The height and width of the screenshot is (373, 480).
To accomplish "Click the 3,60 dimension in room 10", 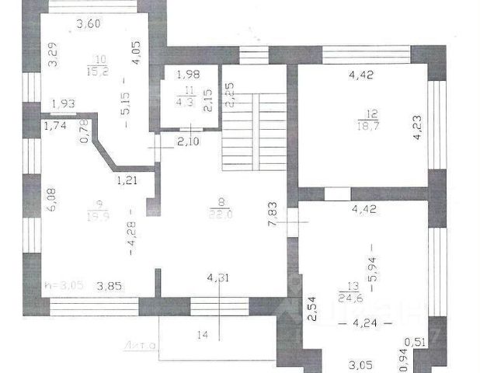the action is [x=89, y=24].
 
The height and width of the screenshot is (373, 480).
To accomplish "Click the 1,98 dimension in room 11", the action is [x=188, y=75].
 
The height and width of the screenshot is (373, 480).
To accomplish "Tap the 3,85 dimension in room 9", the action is [x=109, y=286].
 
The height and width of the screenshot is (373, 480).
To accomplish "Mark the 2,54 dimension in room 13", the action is [x=309, y=311].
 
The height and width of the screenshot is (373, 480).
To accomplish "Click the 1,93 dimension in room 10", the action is [x=63, y=104].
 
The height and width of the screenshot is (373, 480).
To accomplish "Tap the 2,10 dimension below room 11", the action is [x=190, y=141].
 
